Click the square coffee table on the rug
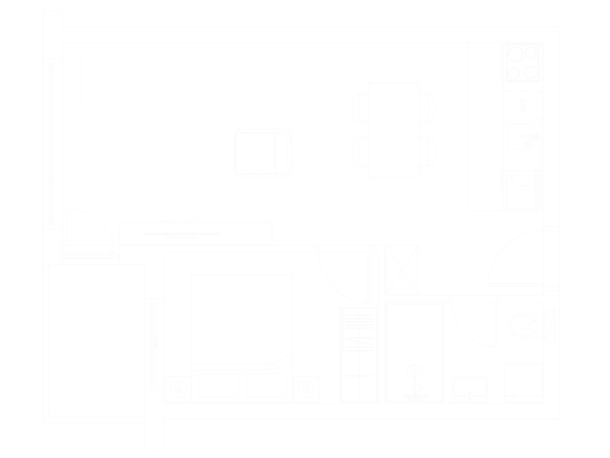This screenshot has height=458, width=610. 182,152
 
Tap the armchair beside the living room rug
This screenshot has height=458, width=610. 263,153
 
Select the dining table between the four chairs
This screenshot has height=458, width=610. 394,131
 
